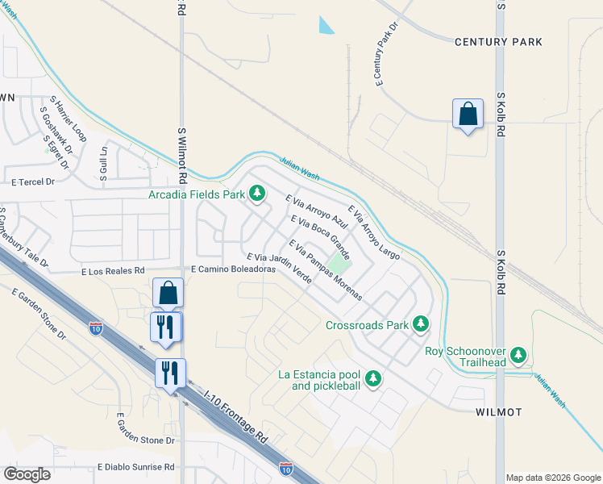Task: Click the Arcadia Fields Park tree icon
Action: tap(257, 194)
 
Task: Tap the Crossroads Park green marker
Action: tap(420, 324)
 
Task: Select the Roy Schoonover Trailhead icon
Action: tap(519, 354)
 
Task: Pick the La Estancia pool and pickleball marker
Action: tap(372, 377)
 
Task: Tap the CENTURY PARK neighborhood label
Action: tap(498, 41)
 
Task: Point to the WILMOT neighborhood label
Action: tap(498, 411)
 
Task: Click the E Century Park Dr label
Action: tap(387, 53)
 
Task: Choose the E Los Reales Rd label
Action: tap(112, 272)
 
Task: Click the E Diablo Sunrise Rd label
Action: tap(135, 467)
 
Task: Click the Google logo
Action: tap(27, 474)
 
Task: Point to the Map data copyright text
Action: tap(553, 478)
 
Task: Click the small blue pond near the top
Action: tap(326, 25)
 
